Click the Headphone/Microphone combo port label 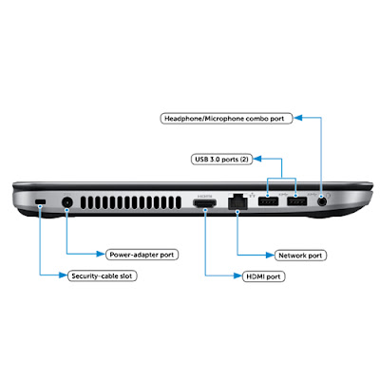[226, 119]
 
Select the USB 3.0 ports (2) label [221, 159]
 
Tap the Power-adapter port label [142, 255]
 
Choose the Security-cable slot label [102, 275]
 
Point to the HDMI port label [263, 276]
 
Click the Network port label [300, 256]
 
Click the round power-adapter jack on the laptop [66, 202]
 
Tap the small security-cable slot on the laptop [40, 201]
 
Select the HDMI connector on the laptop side [205, 203]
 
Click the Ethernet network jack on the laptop [237, 201]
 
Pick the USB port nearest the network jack [268, 201]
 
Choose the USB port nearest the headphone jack [297, 201]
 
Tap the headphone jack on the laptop [322, 201]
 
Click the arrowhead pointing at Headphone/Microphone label [298, 118]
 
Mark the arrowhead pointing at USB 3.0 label [257, 159]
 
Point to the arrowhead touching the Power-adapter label [101, 254]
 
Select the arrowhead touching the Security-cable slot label [63, 275]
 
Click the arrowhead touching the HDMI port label [237, 275]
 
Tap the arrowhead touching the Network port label [270, 255]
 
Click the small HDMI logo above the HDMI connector [205, 197]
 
